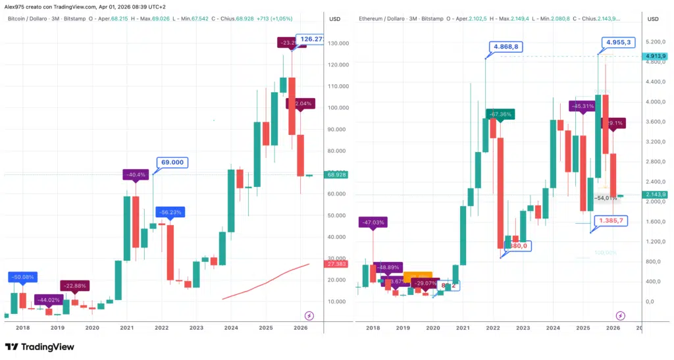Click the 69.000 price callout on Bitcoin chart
pyautogui.click(x=172, y=163)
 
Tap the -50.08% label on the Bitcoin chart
pyautogui.click(x=23, y=276)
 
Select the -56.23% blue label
pyautogui.click(x=170, y=212)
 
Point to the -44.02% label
pyautogui.click(x=49, y=299)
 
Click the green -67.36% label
pyautogui.click(x=500, y=114)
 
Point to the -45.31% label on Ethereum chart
pyautogui.click(x=583, y=105)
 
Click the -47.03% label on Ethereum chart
pyautogui.click(x=373, y=222)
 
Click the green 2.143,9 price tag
pyautogui.click(x=656, y=194)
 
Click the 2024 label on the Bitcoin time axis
pyautogui.click(x=231, y=327)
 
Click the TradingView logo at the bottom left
pyautogui.click(x=39, y=347)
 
